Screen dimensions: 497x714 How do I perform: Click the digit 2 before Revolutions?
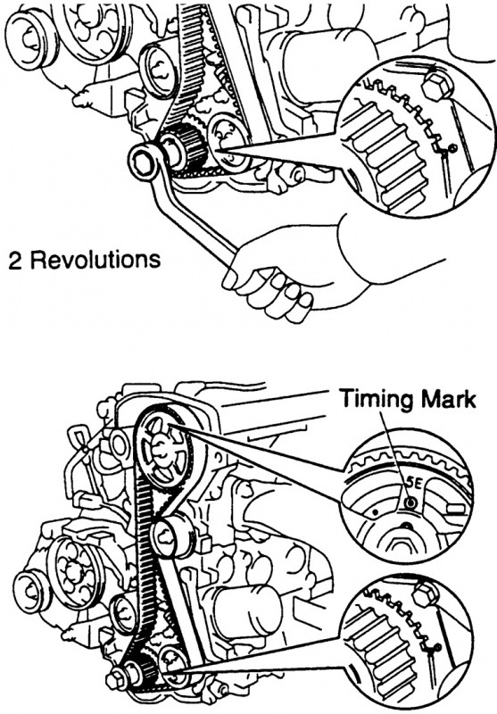click(14, 262)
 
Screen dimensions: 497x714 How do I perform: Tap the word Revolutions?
click(96, 261)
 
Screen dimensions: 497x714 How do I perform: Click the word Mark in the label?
click(448, 398)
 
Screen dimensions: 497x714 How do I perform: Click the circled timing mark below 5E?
click(411, 502)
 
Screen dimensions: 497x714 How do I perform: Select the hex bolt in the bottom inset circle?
click(426, 595)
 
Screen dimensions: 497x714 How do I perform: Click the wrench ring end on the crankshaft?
click(144, 161)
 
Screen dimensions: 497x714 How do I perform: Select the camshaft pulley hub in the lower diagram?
click(162, 449)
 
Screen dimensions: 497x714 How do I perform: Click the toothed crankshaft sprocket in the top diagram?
click(185, 147)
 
